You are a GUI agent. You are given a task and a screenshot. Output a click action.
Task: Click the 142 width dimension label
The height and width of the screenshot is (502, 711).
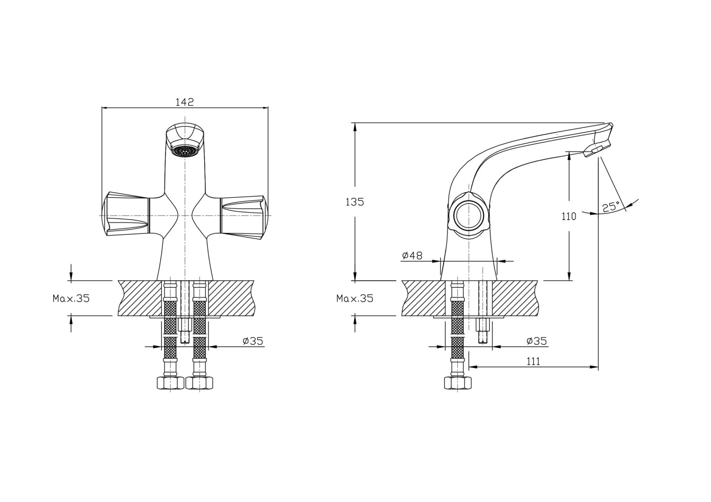click(x=185, y=102)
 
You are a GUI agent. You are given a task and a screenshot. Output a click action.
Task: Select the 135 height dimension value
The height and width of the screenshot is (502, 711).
click(x=355, y=202)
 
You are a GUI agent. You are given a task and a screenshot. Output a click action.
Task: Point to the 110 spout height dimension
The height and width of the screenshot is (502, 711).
click(x=569, y=216)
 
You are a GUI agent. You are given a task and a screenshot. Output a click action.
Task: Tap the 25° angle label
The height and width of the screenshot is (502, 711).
click(x=611, y=207)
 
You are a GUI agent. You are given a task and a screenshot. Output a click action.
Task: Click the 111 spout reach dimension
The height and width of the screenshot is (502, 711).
click(x=533, y=361)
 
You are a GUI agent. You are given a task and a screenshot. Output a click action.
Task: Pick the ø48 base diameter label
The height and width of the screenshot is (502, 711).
click(x=412, y=256)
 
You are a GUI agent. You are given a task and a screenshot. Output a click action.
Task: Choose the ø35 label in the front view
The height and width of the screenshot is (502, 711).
click(x=253, y=341)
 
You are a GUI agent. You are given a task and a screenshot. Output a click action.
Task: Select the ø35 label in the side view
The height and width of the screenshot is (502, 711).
click(x=537, y=341)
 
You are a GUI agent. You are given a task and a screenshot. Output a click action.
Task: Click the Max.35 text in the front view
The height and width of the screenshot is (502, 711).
click(x=71, y=298)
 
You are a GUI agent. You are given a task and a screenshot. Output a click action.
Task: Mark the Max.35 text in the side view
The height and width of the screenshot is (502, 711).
click(x=355, y=298)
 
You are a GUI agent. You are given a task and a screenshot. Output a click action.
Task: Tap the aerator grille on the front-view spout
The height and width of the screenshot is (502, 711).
click(x=185, y=152)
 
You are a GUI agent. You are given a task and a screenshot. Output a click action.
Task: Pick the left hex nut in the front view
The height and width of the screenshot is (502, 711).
click(x=170, y=382)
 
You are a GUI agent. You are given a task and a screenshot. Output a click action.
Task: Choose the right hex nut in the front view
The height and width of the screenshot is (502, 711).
click(x=200, y=382)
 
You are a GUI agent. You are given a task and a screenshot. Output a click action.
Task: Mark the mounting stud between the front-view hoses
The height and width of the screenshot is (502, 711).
click(x=185, y=332)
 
